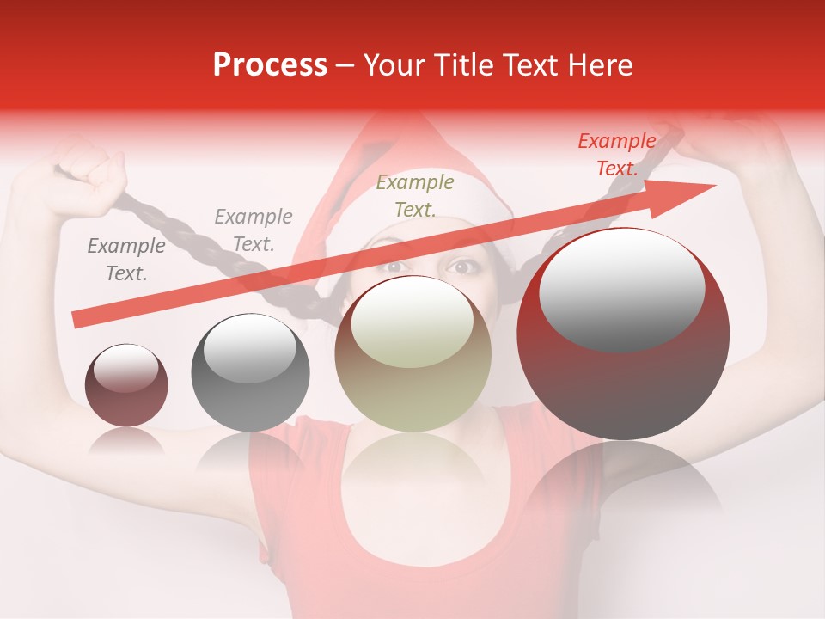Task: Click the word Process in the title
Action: (270, 65)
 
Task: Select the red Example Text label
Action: (616, 155)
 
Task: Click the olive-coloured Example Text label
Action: (415, 195)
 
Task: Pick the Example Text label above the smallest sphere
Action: (125, 260)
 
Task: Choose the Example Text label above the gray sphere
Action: (253, 230)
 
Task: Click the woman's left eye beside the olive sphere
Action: (394, 267)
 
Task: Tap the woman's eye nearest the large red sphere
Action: (462, 267)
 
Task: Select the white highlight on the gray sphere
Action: (250, 348)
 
